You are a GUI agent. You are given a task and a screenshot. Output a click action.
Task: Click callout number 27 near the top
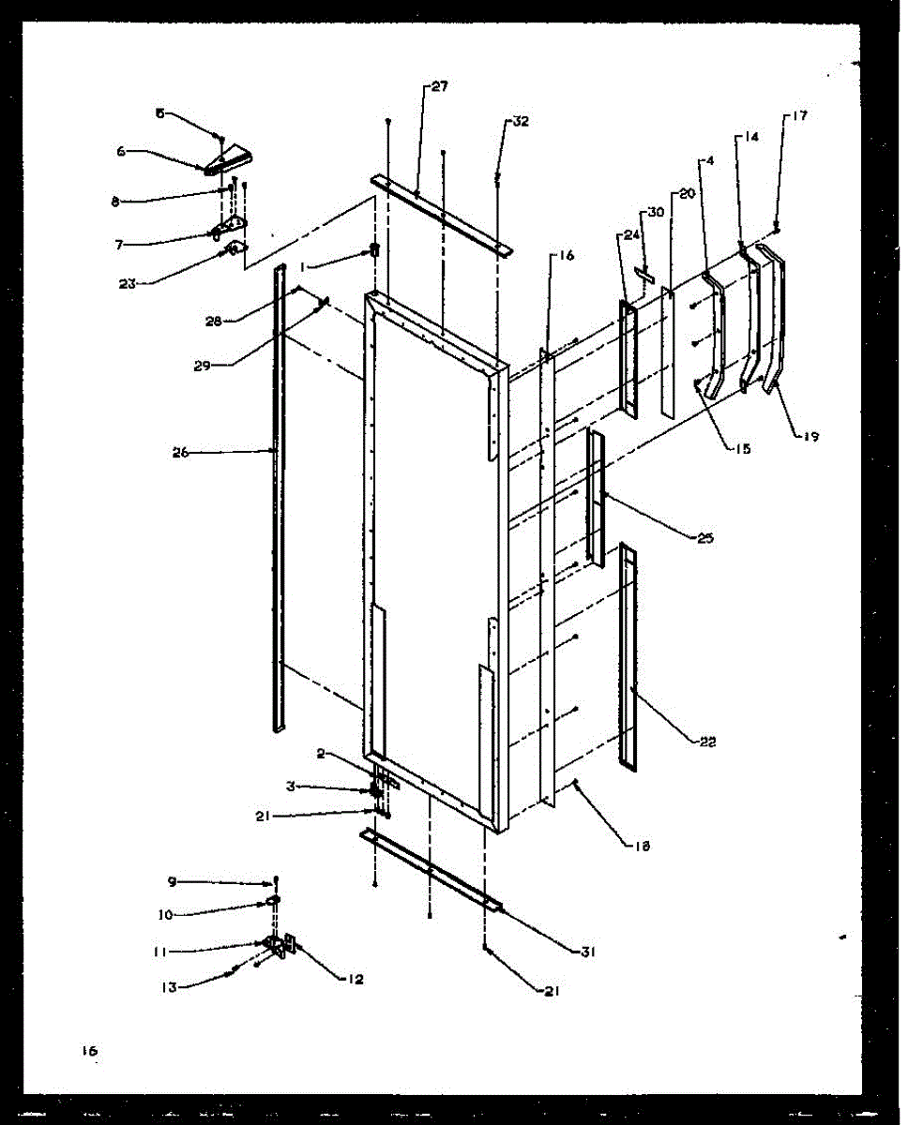(x=440, y=86)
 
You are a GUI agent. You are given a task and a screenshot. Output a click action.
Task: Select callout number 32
(x=522, y=122)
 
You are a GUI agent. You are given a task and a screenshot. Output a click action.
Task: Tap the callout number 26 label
(x=180, y=452)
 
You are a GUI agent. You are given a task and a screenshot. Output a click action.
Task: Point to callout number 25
(x=705, y=538)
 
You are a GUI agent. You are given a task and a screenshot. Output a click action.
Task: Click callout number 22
(x=707, y=742)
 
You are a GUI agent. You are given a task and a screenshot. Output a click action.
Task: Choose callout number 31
(x=588, y=952)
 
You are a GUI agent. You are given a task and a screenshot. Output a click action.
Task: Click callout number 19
(x=810, y=436)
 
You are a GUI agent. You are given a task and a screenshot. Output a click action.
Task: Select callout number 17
(x=798, y=117)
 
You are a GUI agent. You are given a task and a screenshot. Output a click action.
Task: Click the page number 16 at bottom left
(x=89, y=1051)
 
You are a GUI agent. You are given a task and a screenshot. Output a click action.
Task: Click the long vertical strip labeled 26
(x=280, y=497)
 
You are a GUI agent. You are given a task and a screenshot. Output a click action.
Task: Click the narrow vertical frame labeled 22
(x=628, y=656)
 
